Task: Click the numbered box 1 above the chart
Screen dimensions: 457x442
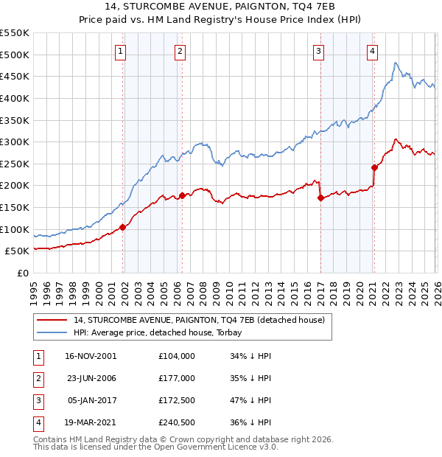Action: coord(120,51)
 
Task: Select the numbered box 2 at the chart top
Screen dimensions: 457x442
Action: coord(180,51)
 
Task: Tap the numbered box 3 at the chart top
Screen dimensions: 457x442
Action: coord(318,51)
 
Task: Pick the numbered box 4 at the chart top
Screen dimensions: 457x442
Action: coord(373,51)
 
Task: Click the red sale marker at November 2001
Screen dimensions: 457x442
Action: coord(122,228)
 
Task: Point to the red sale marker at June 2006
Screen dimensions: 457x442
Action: coord(182,195)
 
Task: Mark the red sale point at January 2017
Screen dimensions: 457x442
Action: coord(320,198)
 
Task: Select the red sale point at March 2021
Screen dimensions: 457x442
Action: coord(375,167)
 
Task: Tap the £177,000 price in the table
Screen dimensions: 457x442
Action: coord(176,377)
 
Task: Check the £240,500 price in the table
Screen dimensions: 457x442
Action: coord(176,422)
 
